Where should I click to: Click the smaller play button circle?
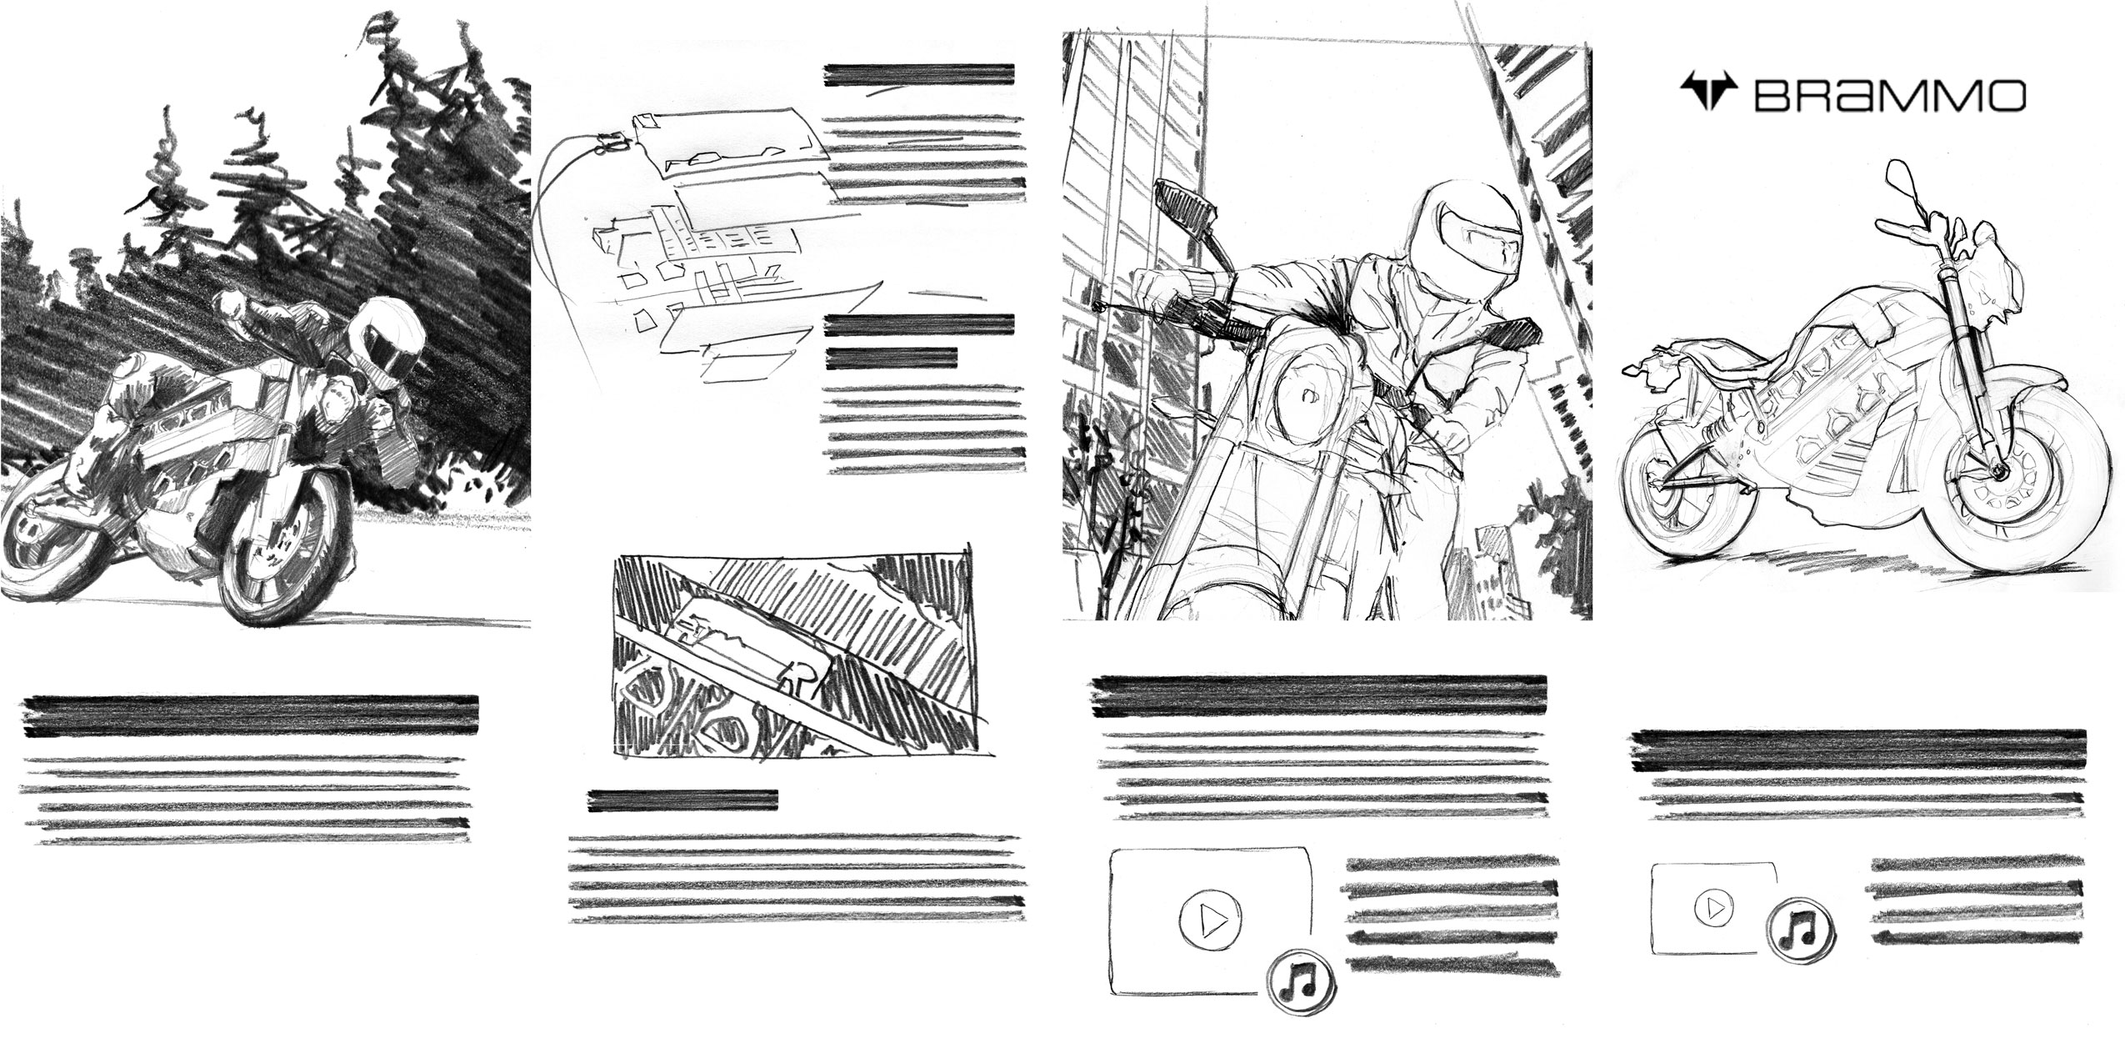tap(1715, 907)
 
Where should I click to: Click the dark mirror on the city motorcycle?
tap(1183, 208)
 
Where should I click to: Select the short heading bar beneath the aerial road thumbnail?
tap(682, 800)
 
